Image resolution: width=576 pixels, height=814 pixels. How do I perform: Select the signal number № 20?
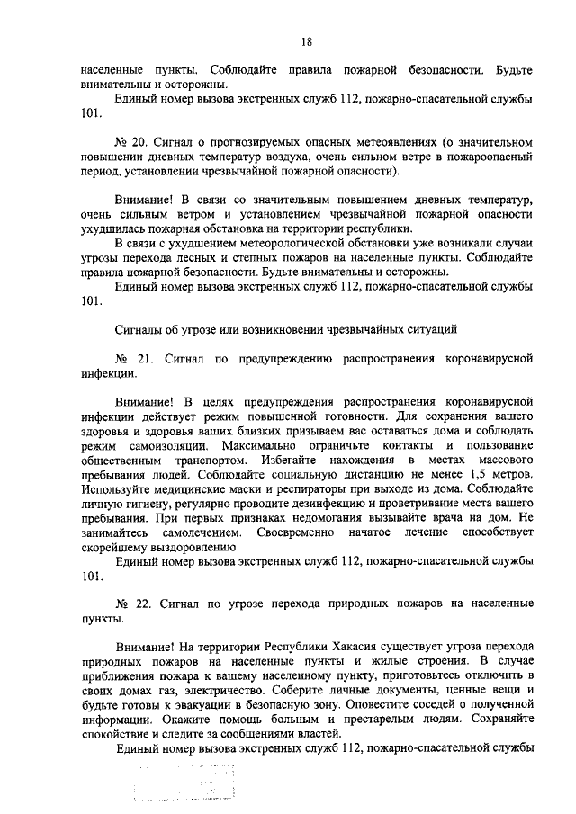[x=129, y=142]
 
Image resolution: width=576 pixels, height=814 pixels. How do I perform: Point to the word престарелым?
[x=362, y=717]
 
